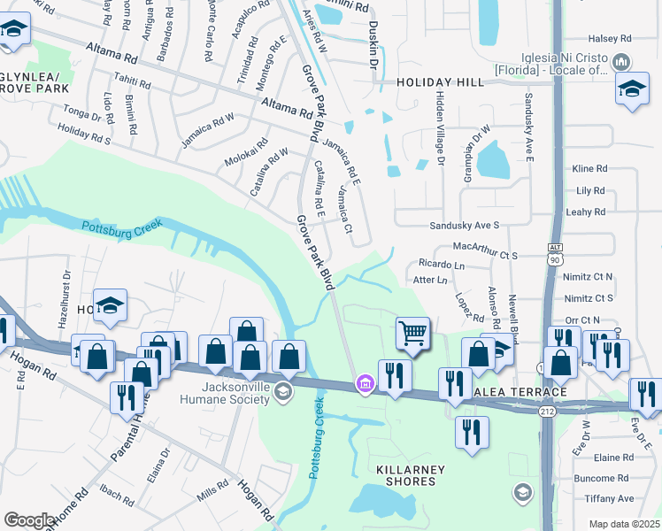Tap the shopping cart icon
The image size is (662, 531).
pyautogui.click(x=412, y=334)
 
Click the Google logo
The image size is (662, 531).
pyautogui.click(x=29, y=520)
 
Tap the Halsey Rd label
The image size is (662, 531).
pyautogui.click(x=610, y=39)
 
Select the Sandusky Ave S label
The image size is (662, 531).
pyautogui.click(x=465, y=226)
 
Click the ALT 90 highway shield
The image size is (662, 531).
pyautogui.click(x=554, y=253)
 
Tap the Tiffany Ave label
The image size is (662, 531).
pyautogui.click(x=614, y=499)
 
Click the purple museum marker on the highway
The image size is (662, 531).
pyautogui.click(x=364, y=383)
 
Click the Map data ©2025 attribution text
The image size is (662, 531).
pyautogui.click(x=624, y=524)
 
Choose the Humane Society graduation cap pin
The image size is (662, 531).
pyautogui.click(x=282, y=391)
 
